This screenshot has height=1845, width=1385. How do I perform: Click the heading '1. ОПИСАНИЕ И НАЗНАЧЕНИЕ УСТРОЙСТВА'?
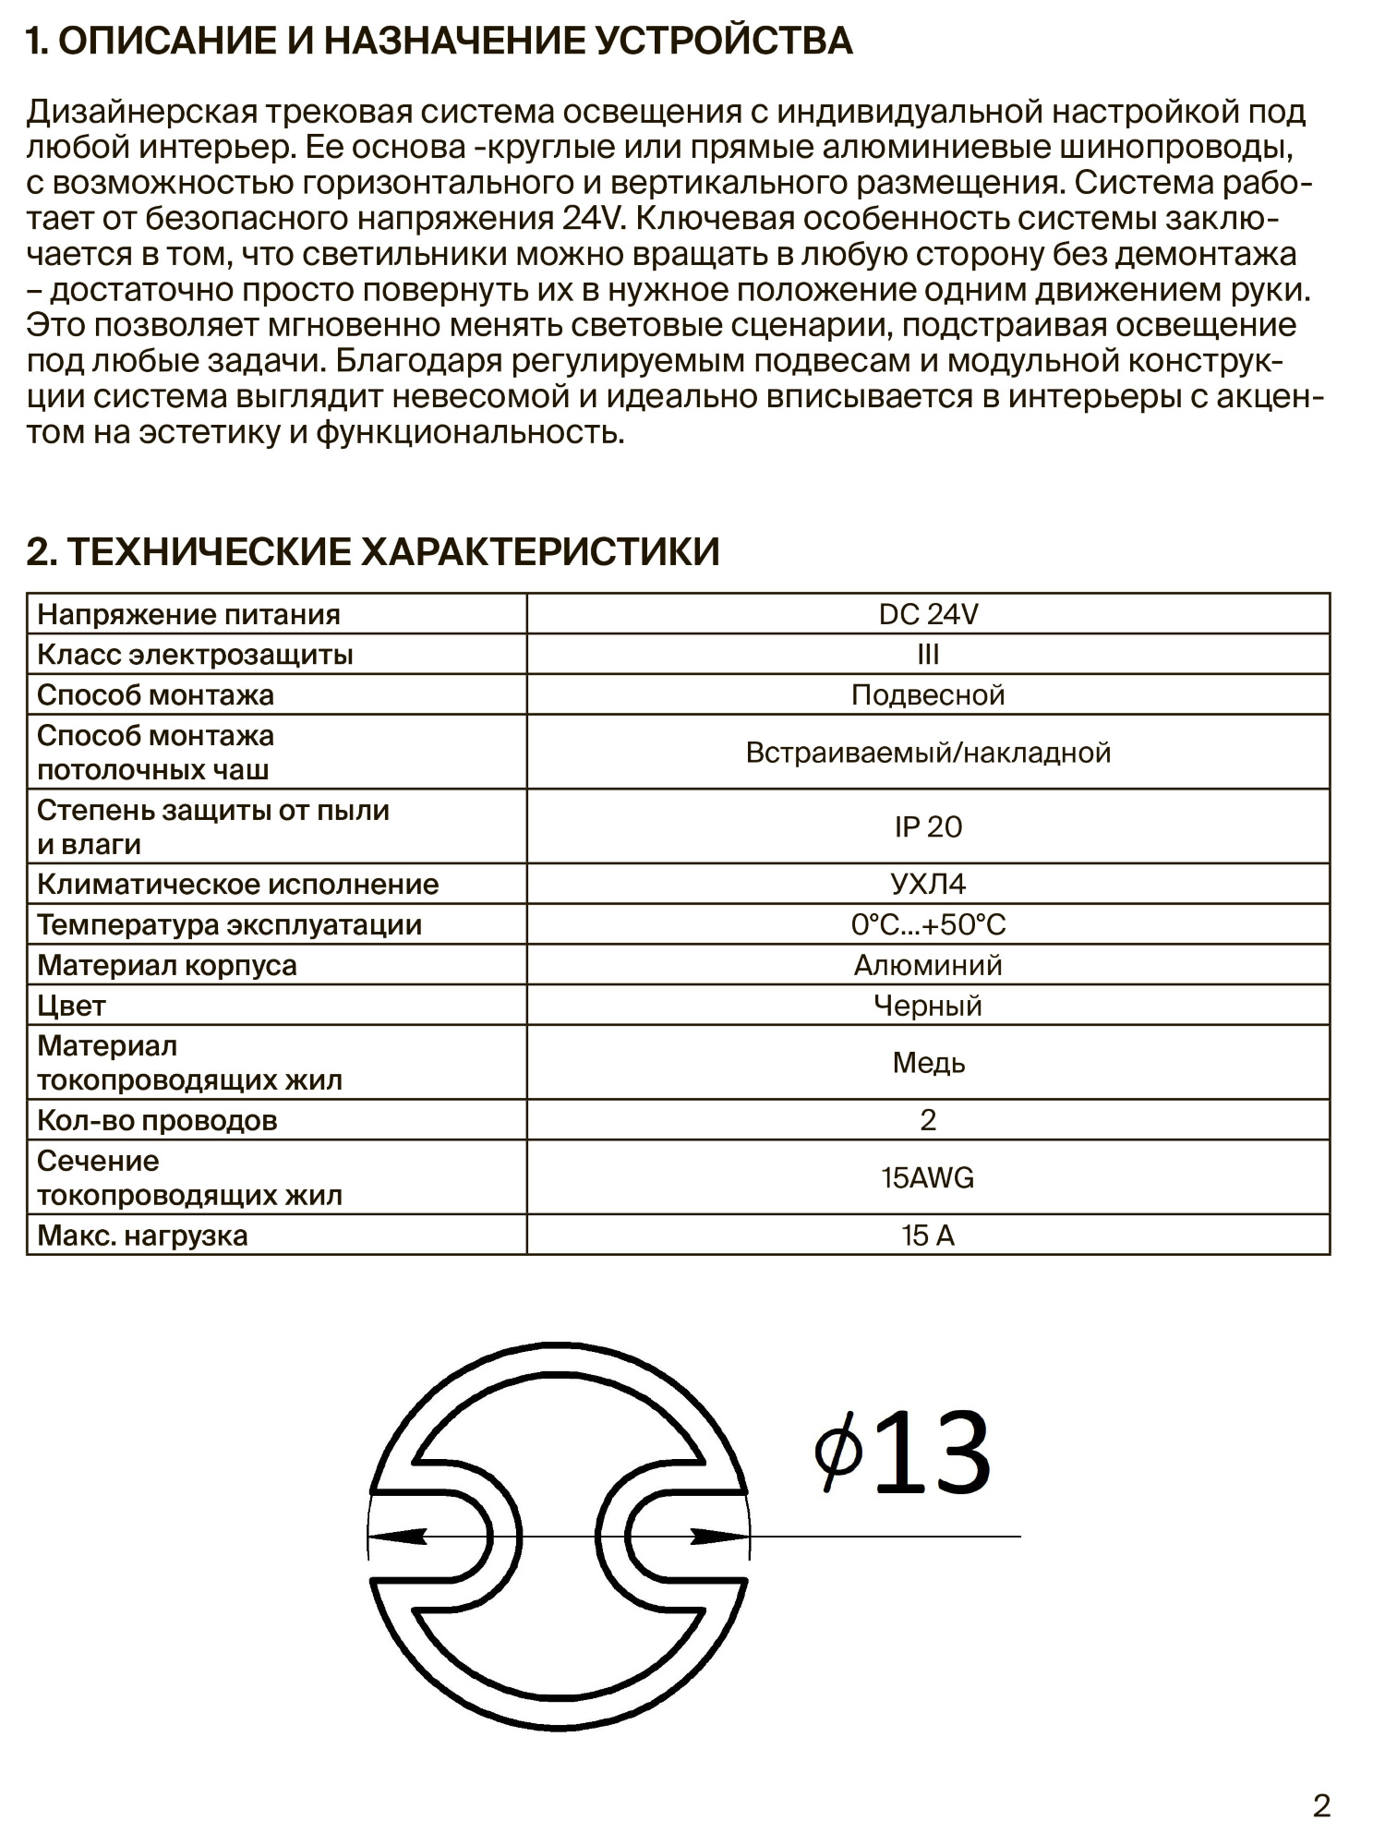(440, 42)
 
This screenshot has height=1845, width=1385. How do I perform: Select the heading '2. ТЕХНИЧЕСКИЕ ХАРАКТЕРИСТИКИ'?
(373, 552)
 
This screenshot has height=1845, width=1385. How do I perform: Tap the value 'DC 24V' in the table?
(928, 614)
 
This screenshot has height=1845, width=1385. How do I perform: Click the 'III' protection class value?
(928, 655)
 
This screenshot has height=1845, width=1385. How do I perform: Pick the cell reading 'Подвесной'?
(928, 694)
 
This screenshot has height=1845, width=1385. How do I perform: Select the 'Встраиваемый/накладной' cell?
(928, 753)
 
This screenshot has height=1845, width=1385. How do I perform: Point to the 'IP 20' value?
(928, 826)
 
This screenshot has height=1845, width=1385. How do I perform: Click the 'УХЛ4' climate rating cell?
(928, 885)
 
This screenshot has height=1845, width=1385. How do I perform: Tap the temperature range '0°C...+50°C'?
(928, 924)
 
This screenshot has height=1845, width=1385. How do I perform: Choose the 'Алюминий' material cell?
(928, 965)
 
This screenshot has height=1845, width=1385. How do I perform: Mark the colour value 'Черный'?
(928, 1006)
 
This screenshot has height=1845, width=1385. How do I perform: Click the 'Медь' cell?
(928, 1063)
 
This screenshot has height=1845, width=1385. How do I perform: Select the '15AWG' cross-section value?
(928, 1178)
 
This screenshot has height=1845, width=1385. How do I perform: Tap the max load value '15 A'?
(928, 1236)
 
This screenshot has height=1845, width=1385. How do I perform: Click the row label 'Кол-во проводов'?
(157, 1120)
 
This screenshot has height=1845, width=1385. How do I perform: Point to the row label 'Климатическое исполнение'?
(237, 885)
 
